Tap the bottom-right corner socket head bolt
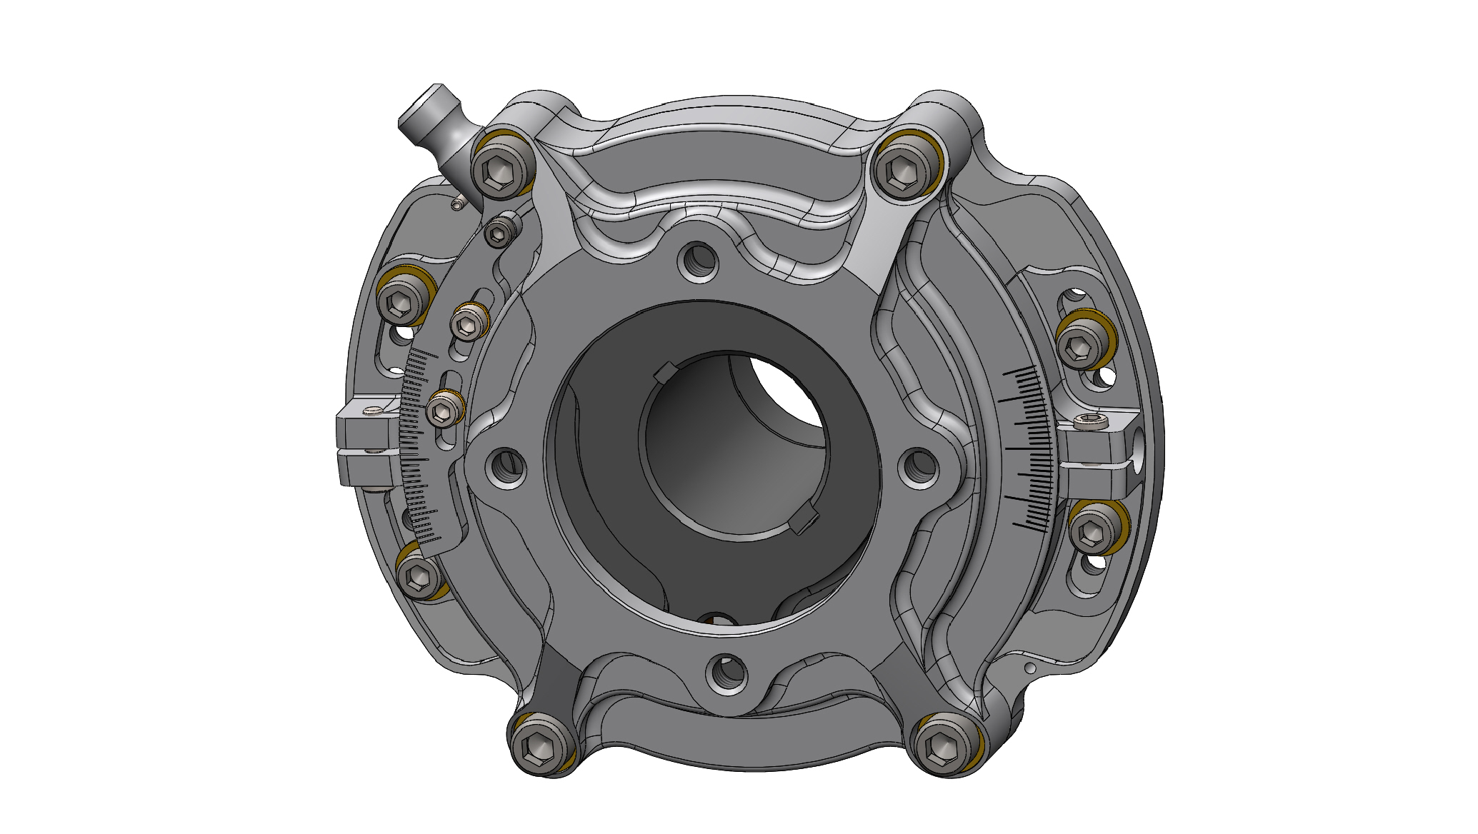tap(944, 746)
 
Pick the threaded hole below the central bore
tap(727, 673)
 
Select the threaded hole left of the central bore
tap(506, 467)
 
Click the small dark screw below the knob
tap(499, 231)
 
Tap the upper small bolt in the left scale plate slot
tap(468, 325)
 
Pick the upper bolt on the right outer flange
tap(1080, 346)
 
